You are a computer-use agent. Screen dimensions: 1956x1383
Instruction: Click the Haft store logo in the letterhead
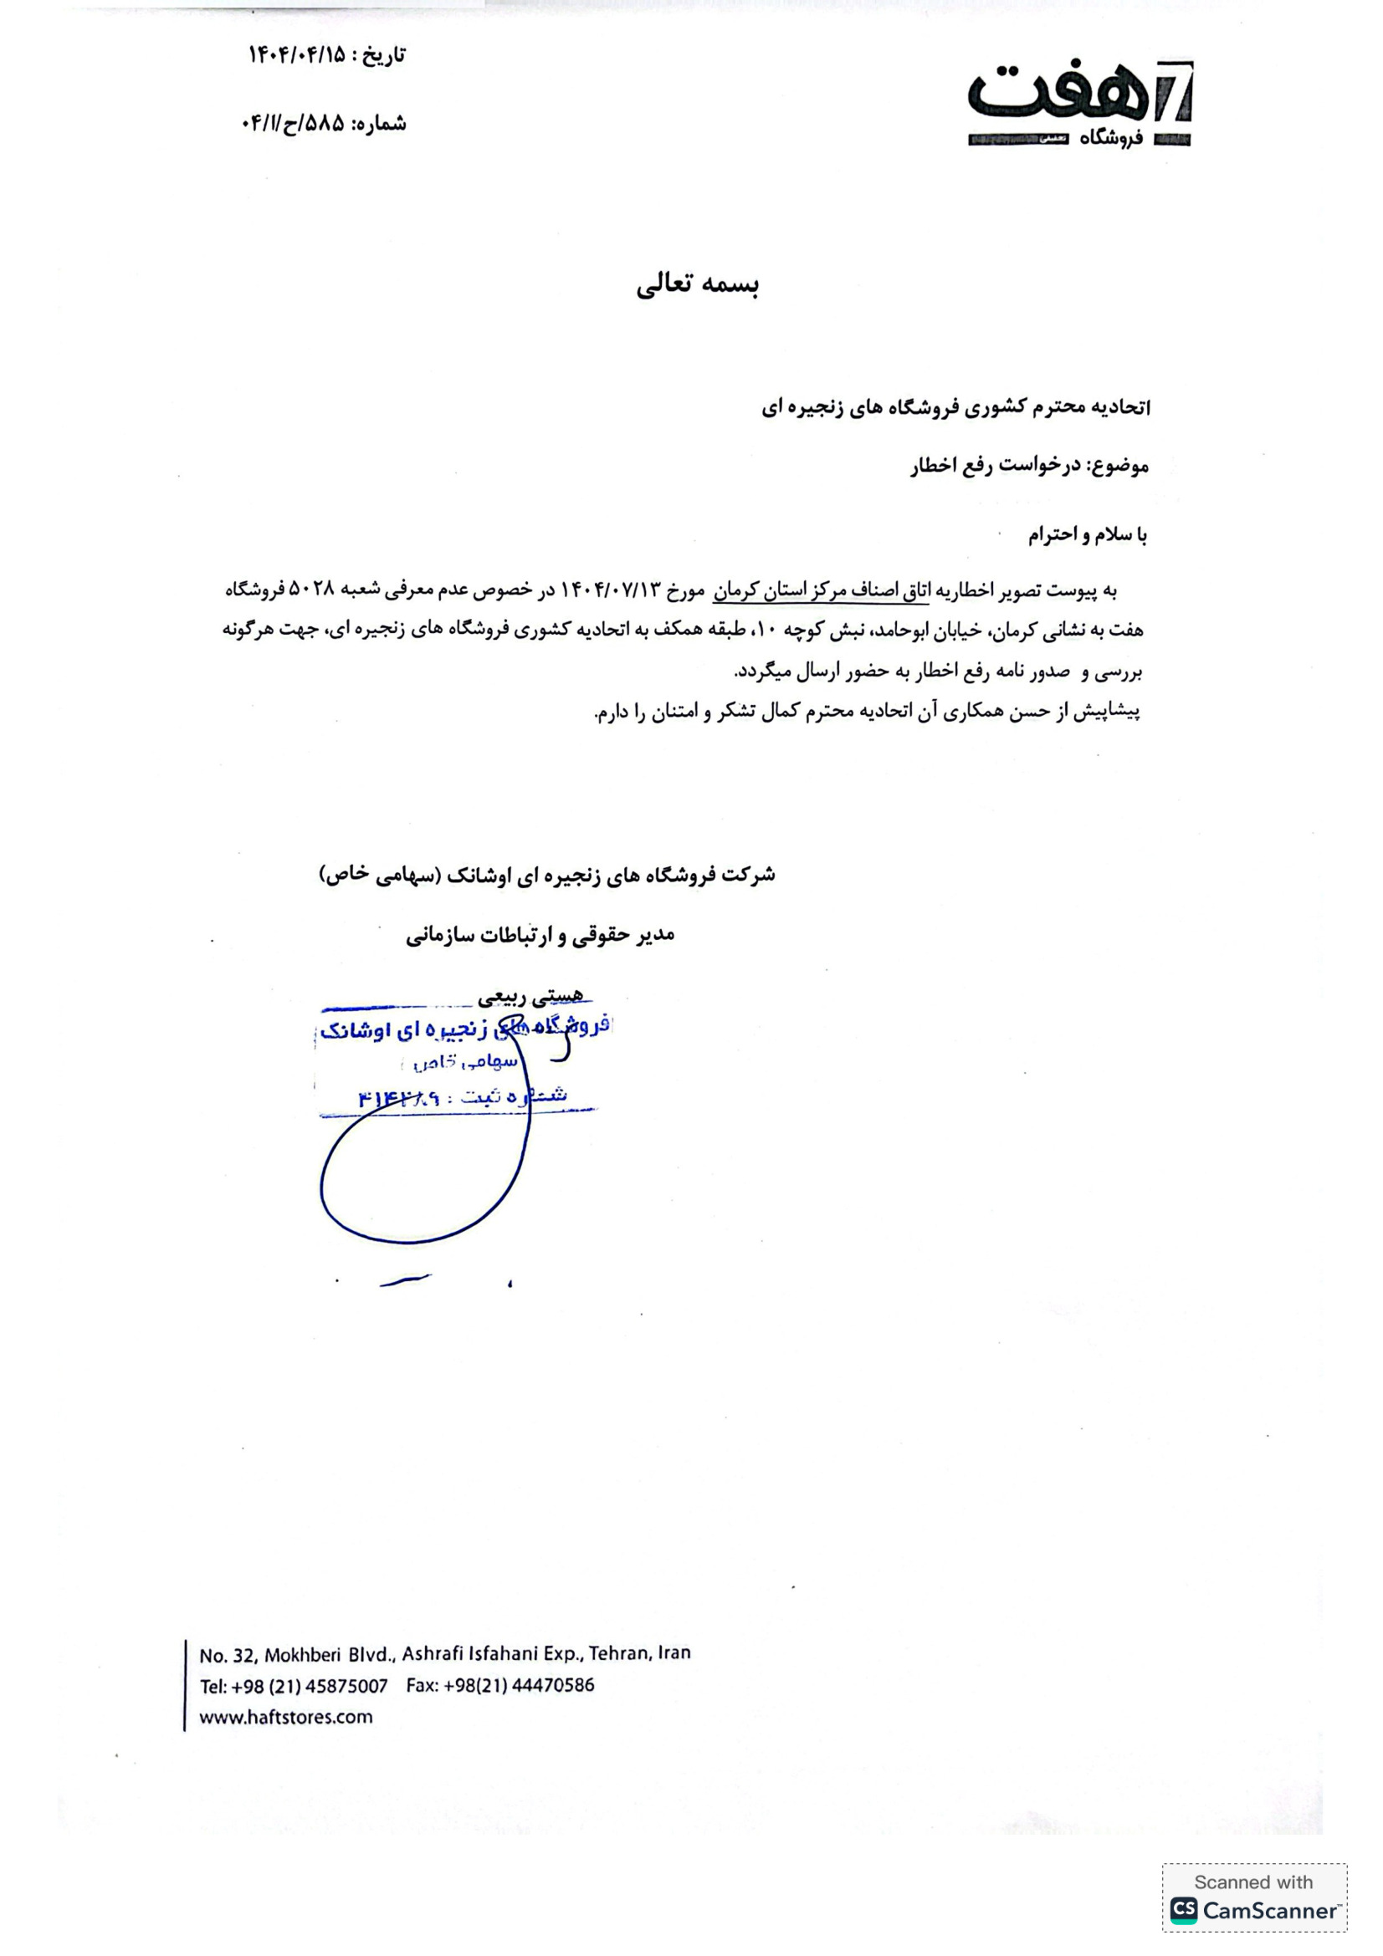pyautogui.click(x=1078, y=103)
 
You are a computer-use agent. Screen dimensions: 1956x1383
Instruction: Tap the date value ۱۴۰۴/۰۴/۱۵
pyautogui.click(x=297, y=56)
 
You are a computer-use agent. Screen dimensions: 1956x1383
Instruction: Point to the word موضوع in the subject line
pyautogui.click(x=1119, y=466)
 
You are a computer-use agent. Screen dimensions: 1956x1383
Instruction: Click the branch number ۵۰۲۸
pyautogui.click(x=315, y=590)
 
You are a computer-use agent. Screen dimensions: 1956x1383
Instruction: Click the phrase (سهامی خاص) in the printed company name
pyautogui.click(x=378, y=875)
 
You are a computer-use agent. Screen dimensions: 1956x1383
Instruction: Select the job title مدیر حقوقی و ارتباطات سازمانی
pyautogui.click(x=540, y=936)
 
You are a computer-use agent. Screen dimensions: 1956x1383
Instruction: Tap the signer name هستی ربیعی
pyautogui.click(x=531, y=995)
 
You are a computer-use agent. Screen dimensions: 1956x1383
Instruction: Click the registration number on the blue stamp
pyautogui.click(x=398, y=1099)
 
